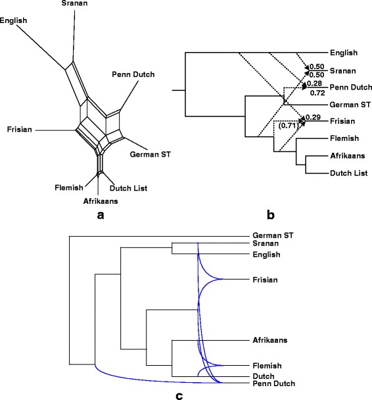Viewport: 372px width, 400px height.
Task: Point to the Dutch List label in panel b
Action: (x=347, y=173)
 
